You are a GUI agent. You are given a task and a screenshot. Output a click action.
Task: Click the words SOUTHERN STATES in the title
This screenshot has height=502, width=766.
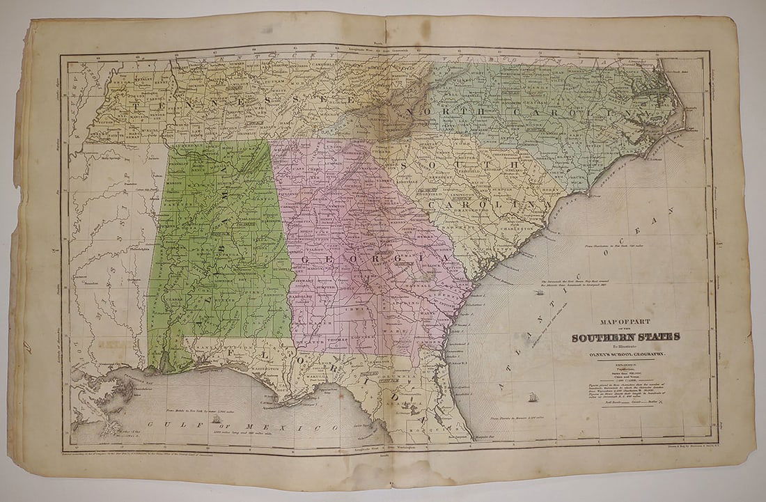click(x=626, y=338)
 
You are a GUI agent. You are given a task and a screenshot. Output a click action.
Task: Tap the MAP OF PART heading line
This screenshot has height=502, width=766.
click(x=617, y=322)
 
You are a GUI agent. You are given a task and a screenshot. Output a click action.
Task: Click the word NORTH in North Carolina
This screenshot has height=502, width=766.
click(x=439, y=111)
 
